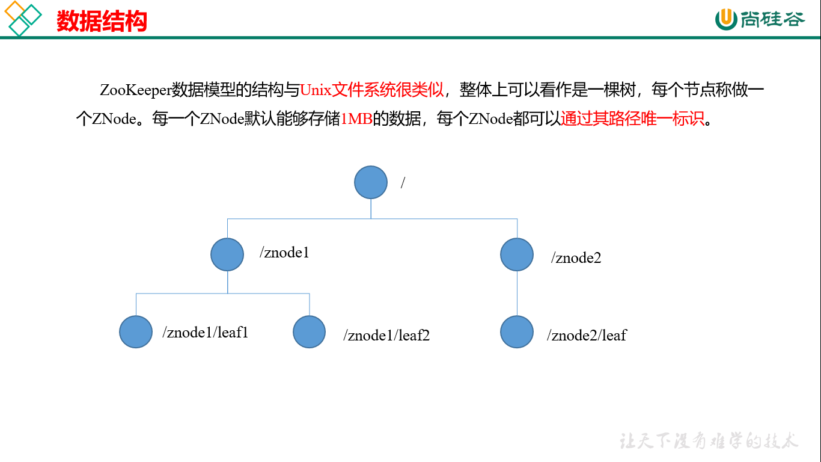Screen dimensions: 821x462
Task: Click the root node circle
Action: [x=371, y=182]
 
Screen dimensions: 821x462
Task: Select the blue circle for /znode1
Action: [x=227, y=254]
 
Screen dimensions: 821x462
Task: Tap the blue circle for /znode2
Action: [x=517, y=254]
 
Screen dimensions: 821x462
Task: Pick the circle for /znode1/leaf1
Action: [x=136, y=331]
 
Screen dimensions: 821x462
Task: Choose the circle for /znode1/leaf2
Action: [x=309, y=331]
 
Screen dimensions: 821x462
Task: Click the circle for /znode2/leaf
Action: [x=517, y=331]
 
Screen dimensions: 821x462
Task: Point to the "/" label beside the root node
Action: [x=403, y=182]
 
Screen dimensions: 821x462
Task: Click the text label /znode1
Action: [x=284, y=253]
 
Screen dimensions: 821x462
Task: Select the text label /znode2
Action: [x=576, y=258]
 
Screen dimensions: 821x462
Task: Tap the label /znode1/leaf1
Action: [x=206, y=333]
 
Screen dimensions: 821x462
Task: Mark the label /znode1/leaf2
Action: [x=386, y=336]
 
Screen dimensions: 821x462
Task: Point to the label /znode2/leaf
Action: [x=587, y=336]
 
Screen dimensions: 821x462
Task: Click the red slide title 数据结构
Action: [x=102, y=21]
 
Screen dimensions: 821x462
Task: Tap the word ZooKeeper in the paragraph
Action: [x=136, y=90]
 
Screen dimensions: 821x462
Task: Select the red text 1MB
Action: [x=356, y=119]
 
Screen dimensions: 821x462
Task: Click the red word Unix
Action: [x=316, y=90]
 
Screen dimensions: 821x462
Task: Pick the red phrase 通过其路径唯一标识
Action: [x=632, y=119]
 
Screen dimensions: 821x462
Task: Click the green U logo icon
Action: [x=726, y=19]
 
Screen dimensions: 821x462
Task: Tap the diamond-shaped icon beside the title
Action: [x=23, y=18]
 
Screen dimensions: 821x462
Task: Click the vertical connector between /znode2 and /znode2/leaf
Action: [x=517, y=293]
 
